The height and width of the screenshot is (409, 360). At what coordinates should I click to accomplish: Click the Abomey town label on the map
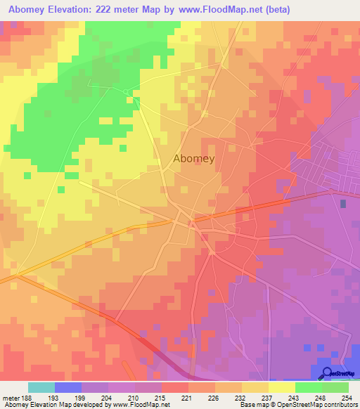tap(194, 159)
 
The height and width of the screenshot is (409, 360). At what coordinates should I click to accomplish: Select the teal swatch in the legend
tap(41, 387)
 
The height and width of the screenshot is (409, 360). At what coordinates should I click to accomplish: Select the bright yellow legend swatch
tap(281, 387)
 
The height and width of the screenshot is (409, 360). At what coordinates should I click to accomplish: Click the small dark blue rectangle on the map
tap(343, 204)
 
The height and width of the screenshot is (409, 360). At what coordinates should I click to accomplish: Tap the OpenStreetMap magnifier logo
tap(327, 373)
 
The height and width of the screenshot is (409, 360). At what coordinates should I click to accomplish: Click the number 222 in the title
tap(110, 10)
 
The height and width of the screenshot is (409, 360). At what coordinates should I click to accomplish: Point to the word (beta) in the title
tap(273, 10)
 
